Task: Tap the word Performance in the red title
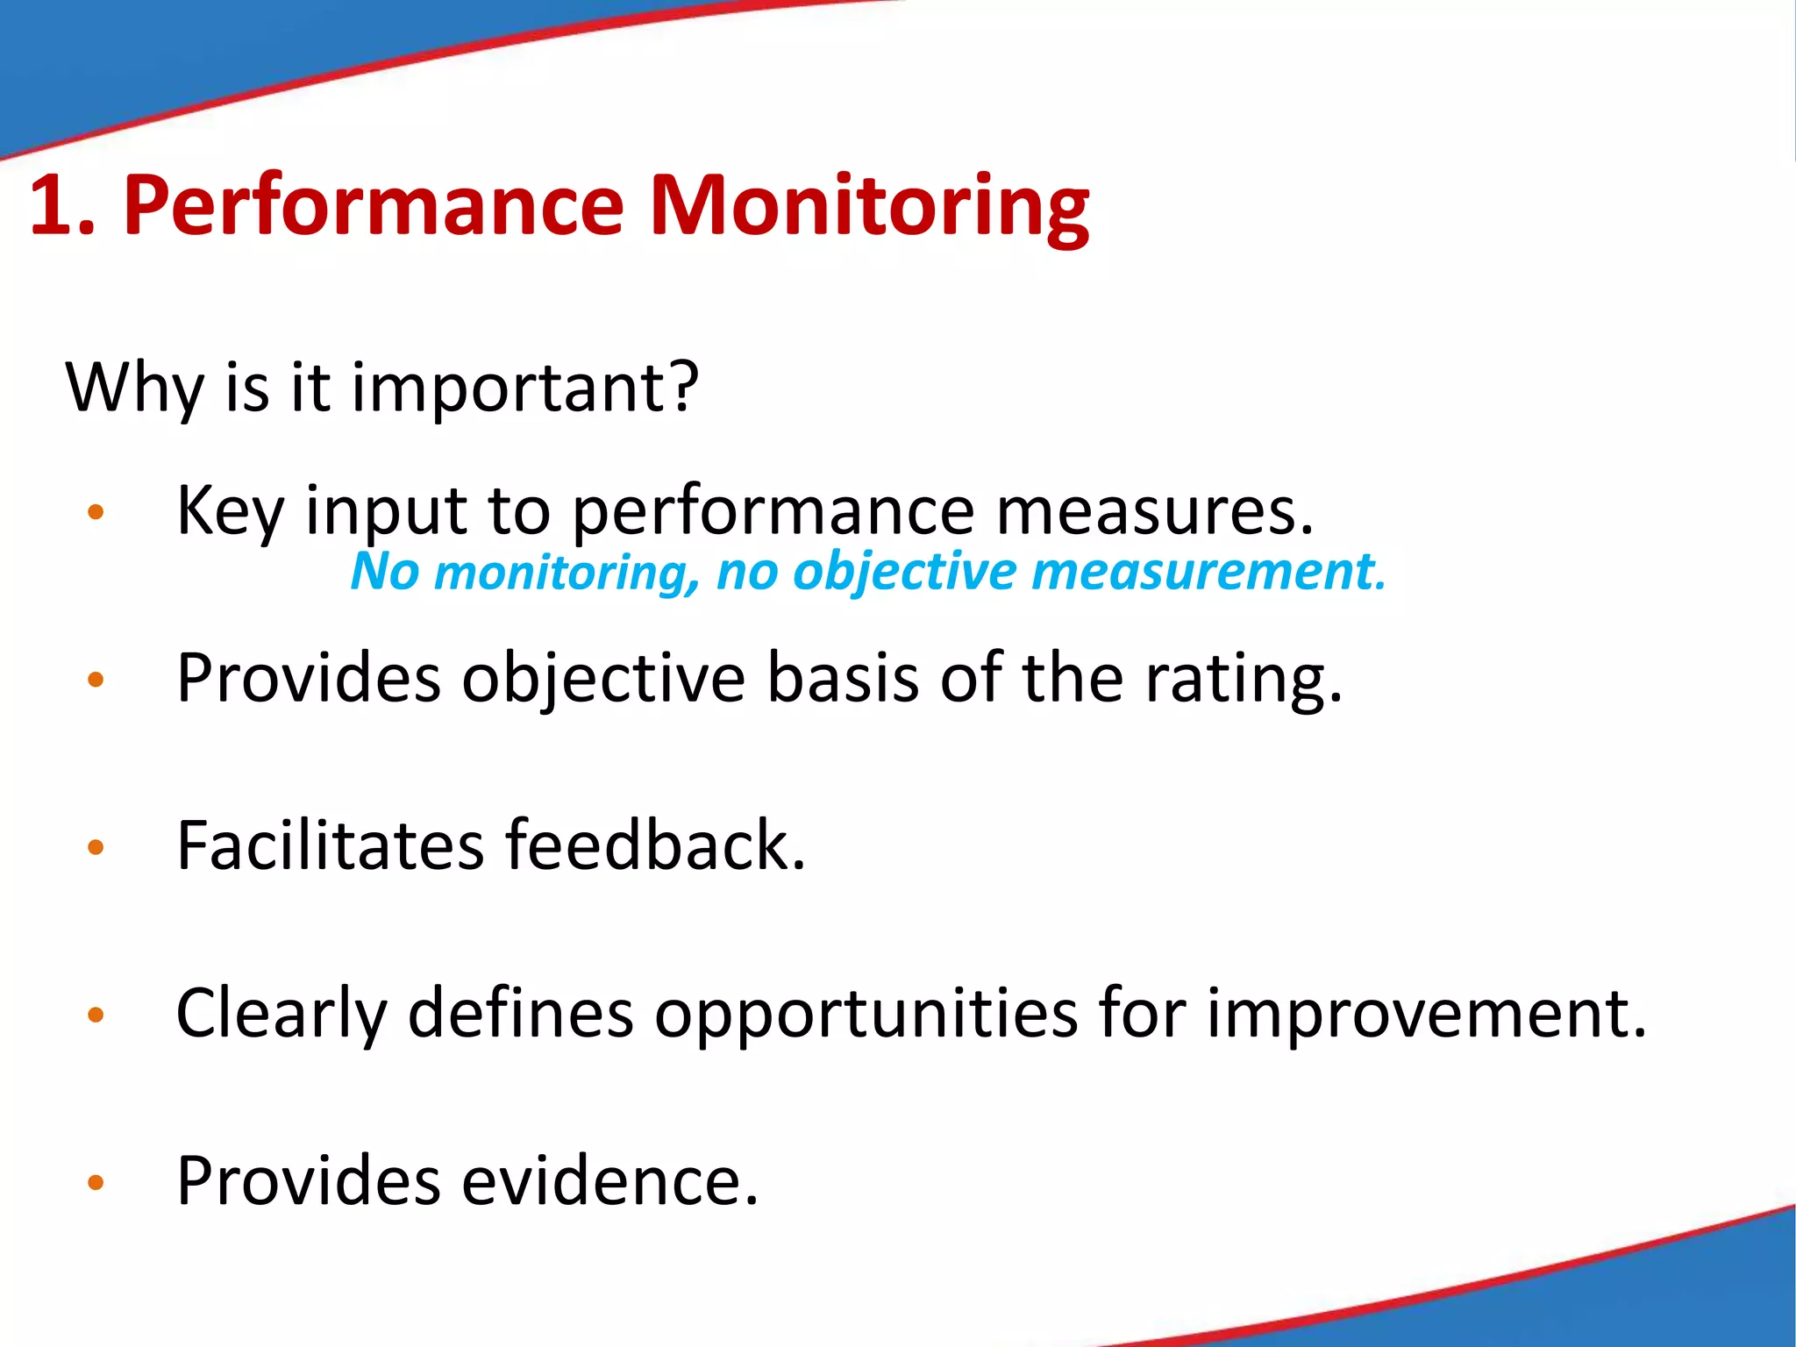373,207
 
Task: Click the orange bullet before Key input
96,512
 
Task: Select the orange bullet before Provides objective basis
96,680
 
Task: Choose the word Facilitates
330,845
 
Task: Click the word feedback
654,845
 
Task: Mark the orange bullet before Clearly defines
96,1016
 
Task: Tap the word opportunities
866,1016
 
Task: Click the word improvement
1426,1014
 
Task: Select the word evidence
609,1181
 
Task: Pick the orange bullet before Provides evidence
96,1183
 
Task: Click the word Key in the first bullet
230,512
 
